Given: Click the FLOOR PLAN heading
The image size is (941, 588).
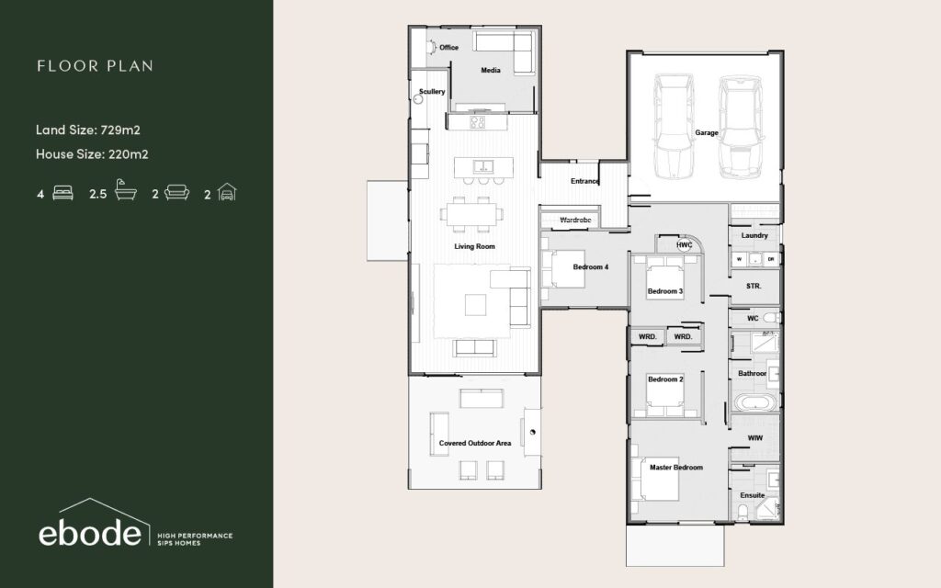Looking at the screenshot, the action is (95, 66).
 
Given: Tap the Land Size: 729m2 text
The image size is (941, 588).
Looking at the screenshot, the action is (87, 130).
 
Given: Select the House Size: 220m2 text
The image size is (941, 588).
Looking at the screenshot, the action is (92, 154).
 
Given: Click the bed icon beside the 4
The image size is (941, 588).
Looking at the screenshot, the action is (63, 193).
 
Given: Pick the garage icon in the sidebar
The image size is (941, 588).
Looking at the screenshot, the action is (227, 192).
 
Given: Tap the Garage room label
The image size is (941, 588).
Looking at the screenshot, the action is (707, 132).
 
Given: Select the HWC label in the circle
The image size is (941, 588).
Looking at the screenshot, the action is (684, 244).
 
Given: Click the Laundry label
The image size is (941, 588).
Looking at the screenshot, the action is (754, 236).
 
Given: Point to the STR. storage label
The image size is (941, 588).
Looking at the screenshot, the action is (754, 287).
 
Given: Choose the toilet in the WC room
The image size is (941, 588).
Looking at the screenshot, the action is (772, 317).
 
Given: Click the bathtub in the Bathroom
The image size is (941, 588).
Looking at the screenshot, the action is (755, 402).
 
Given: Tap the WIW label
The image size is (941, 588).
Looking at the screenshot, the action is (755, 438).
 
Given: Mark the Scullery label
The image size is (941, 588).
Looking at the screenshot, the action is (432, 92).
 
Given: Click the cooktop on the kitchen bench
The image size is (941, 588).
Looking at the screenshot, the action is (478, 122).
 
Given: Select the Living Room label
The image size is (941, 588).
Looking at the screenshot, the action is (475, 246).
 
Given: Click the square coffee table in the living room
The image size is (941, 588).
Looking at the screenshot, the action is (476, 305).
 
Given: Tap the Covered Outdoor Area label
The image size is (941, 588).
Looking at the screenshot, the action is (475, 444).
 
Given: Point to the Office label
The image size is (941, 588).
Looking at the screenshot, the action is (448, 48).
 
